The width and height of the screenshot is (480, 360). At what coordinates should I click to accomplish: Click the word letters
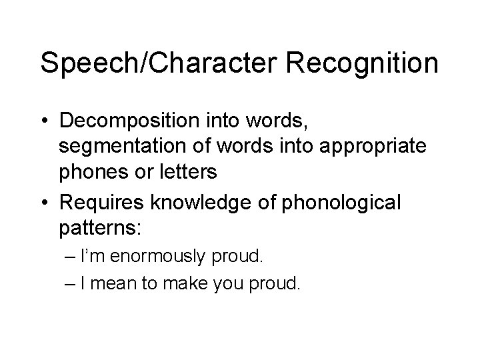[189, 172]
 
